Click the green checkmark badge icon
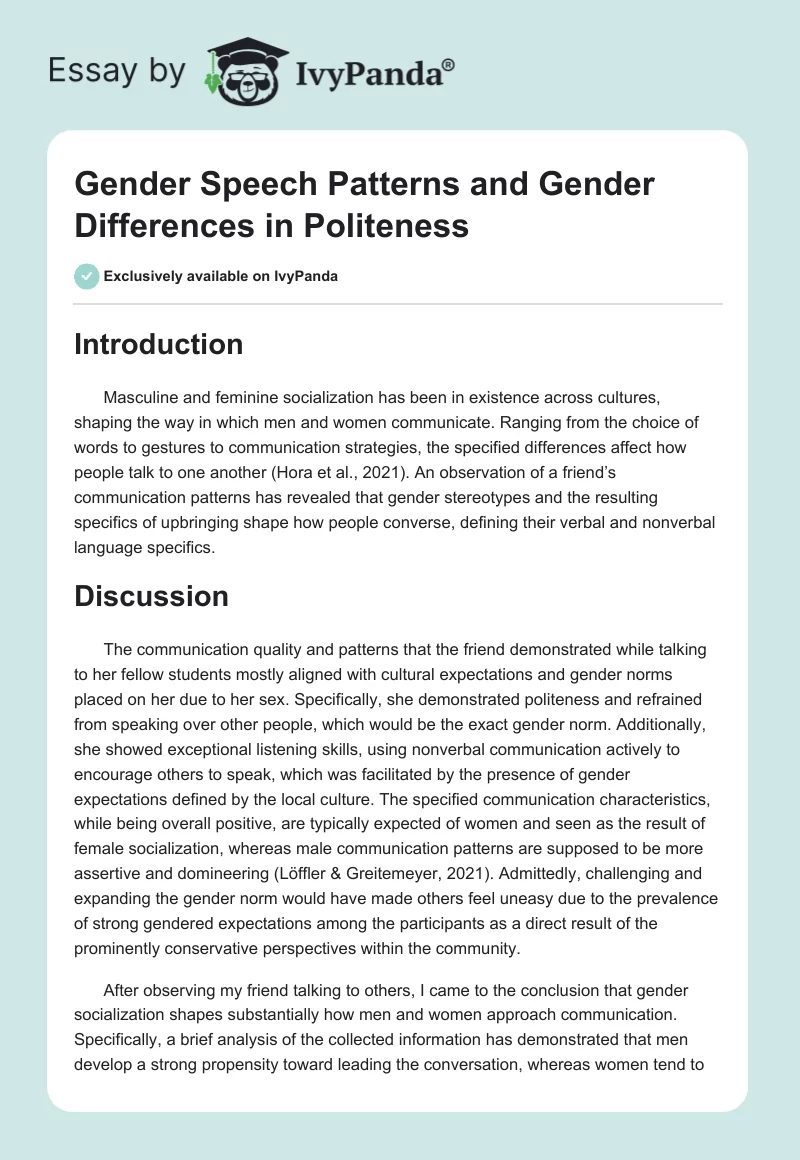(86, 276)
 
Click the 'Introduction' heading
(159, 344)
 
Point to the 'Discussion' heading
(151, 596)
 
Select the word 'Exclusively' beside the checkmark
(148, 277)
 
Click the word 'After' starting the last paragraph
(122, 963)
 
